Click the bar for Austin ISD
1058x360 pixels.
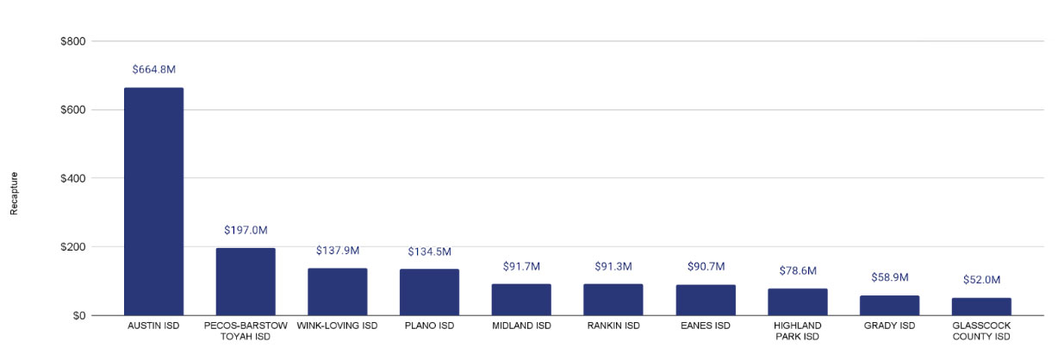[153, 202]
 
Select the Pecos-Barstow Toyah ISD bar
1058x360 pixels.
[246, 282]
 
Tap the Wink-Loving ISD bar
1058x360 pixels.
[338, 292]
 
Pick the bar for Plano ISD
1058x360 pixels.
[429, 293]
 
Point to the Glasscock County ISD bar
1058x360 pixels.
[981, 307]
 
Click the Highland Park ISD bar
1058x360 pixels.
[797, 302]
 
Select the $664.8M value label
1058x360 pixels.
[154, 70]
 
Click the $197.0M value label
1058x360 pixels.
[246, 231]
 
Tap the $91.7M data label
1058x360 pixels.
[521, 267]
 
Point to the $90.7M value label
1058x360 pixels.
[706, 267]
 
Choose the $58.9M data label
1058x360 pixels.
[889, 277]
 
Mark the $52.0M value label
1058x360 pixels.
[981, 280]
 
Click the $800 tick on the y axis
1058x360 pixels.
[72, 41]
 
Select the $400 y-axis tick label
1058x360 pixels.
[72, 178]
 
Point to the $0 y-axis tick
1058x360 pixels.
[78, 316]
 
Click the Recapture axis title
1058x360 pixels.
[14, 193]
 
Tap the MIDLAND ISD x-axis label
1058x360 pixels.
[521, 326]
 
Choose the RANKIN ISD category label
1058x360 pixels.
[613, 326]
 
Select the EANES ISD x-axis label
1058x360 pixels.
[706, 326]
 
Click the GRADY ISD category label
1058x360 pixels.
[889, 326]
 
